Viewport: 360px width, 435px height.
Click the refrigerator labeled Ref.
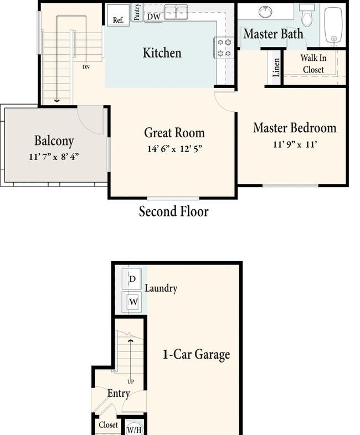click(118, 15)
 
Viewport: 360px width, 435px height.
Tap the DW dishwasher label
click(154, 17)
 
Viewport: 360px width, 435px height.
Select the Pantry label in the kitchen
click(137, 12)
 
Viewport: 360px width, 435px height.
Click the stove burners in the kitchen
click(224, 48)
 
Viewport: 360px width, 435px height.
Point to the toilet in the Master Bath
click(307, 15)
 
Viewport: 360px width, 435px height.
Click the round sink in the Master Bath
click(265, 12)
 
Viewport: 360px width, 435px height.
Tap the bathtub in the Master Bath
click(333, 25)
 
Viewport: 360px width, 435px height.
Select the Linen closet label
click(276, 68)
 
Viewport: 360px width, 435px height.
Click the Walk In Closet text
click(313, 64)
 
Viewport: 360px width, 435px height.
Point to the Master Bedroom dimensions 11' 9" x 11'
click(295, 144)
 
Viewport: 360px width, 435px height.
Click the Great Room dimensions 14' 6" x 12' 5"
click(174, 149)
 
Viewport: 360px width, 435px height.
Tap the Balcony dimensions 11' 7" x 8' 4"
click(54, 157)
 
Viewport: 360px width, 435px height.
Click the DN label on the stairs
click(86, 67)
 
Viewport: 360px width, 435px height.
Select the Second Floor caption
click(174, 211)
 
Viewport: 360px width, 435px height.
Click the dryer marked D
click(132, 279)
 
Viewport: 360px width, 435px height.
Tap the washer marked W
click(133, 302)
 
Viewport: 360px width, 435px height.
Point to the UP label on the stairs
click(131, 382)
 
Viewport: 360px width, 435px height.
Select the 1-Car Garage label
click(196, 355)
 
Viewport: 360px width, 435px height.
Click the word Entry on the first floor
click(119, 393)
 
